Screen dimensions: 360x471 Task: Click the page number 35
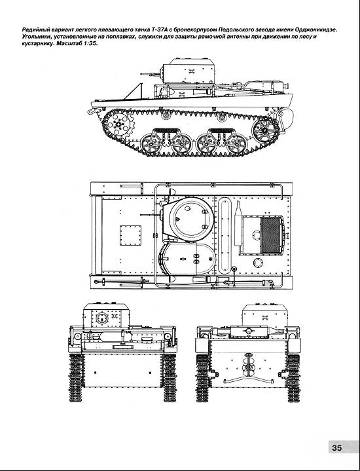(337, 447)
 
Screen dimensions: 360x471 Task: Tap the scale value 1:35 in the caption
(91, 43)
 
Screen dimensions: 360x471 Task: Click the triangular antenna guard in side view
(135, 91)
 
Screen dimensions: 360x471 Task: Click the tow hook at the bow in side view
(91, 111)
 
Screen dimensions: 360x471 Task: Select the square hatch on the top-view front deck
(130, 235)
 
